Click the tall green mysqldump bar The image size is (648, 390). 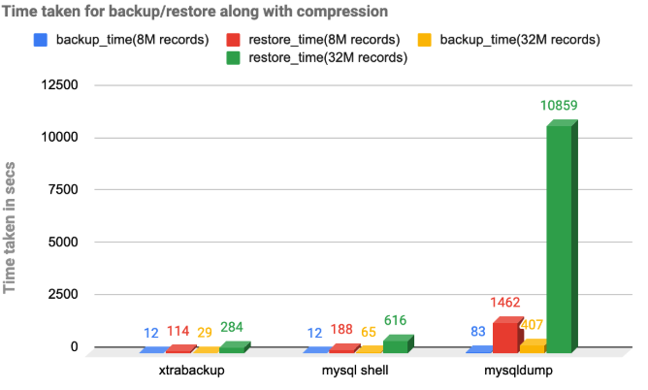coord(559,238)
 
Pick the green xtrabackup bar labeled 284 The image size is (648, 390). coord(232,346)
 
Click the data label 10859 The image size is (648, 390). coord(559,105)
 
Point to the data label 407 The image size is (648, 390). coord(533,325)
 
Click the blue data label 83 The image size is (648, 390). coord(478,333)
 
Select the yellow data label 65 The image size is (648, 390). coord(370,333)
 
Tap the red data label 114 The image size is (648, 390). coord(179,333)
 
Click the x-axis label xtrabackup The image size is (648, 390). coord(193,370)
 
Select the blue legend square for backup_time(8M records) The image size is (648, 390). coord(40,40)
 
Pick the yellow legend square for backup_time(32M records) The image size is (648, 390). coord(425,40)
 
